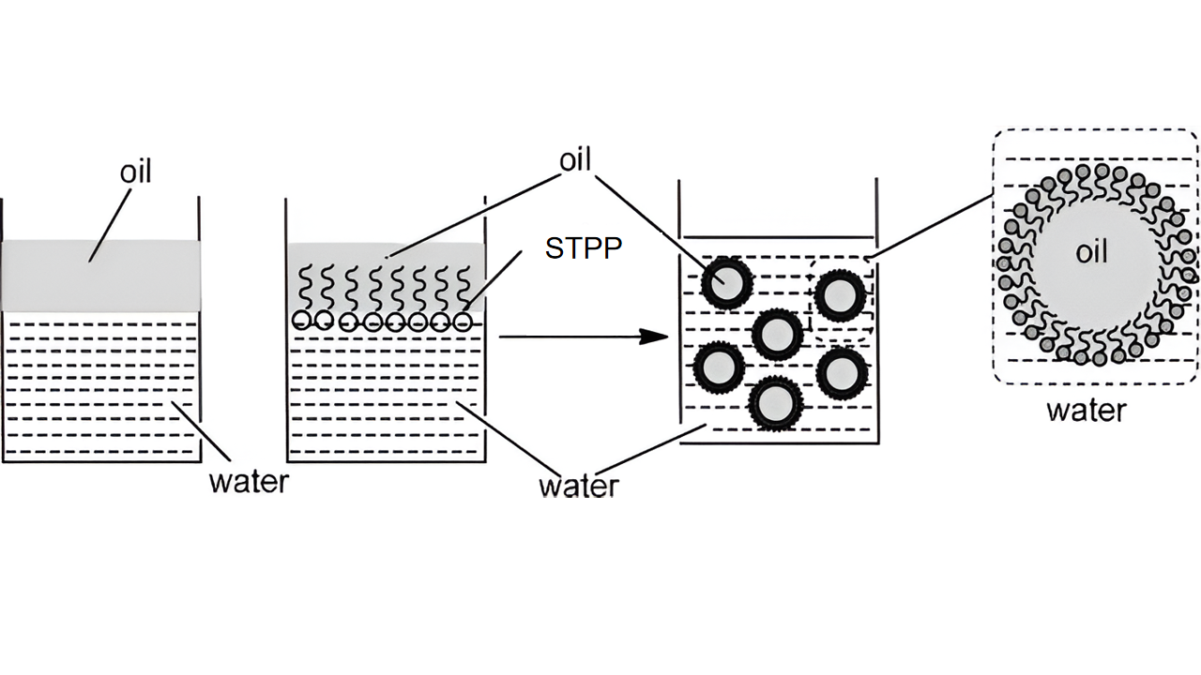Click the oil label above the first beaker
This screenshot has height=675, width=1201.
136,172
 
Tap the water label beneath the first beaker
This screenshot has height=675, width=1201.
249,482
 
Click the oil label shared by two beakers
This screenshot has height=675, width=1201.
575,160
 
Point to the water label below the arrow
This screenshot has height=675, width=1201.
579,486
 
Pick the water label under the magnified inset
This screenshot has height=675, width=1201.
1086,411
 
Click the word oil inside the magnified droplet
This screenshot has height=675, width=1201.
1091,253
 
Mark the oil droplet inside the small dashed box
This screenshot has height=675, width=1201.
838,295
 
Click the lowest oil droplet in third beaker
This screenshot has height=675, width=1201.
774,403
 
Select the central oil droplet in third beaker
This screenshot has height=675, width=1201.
778,333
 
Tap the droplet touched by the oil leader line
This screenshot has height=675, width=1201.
724,280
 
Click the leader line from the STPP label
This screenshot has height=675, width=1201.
495,280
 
